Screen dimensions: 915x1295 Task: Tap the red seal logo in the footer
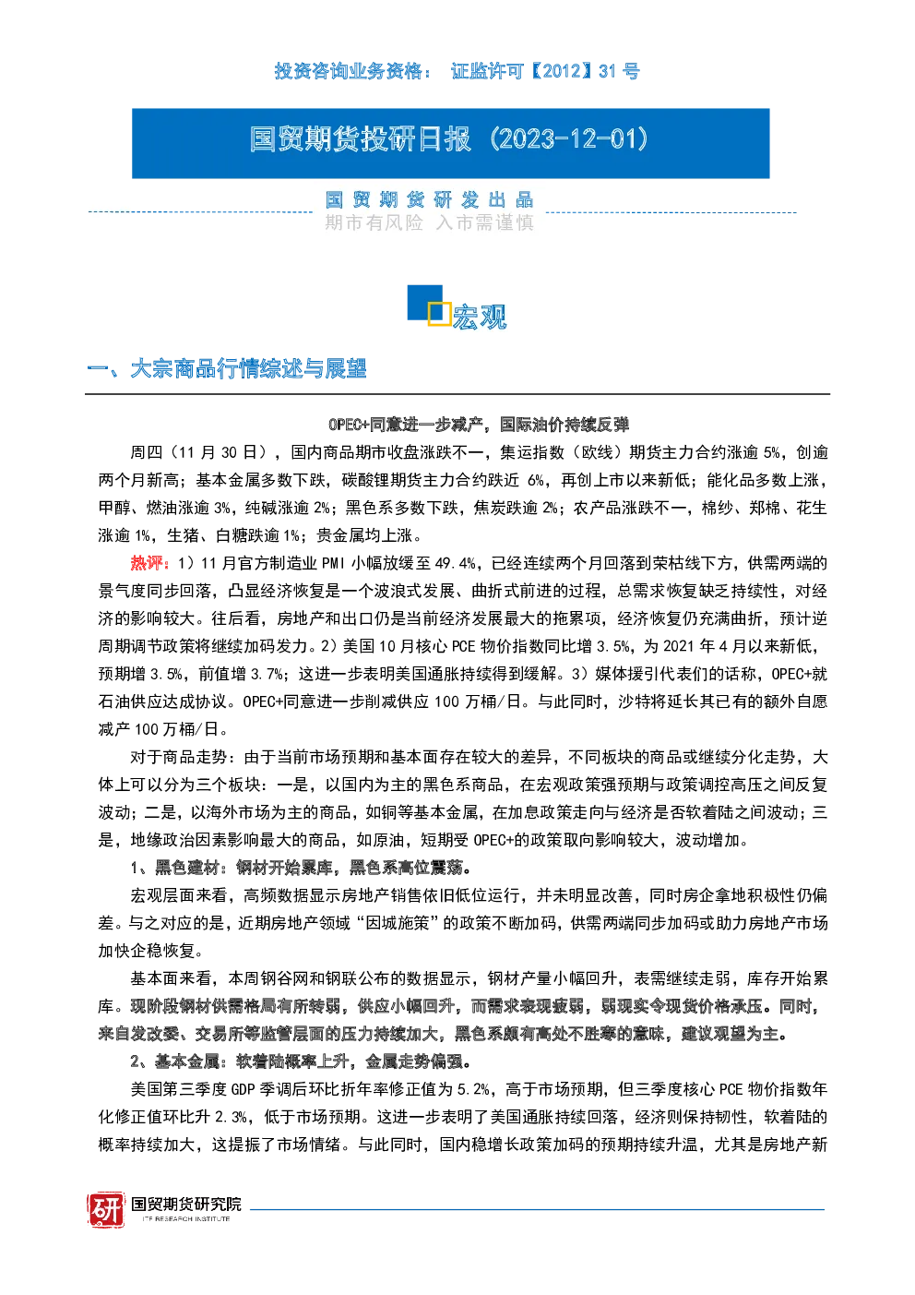tap(106, 1209)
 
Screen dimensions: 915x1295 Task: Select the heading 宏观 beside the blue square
tap(480, 317)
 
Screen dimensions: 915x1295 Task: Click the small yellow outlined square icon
tap(439, 314)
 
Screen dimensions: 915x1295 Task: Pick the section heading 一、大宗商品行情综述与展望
tap(227, 369)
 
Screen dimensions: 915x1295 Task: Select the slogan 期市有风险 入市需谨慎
tap(429, 222)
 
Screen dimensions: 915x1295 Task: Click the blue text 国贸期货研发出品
tap(429, 200)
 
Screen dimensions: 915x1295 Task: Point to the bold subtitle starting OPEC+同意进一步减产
tap(479, 425)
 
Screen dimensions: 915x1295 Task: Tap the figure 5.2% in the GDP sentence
tap(474, 1090)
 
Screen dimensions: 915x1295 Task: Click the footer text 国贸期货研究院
tap(186, 1204)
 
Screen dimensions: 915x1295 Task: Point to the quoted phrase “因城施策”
tap(398, 923)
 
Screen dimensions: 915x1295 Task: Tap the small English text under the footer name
tap(186, 1218)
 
